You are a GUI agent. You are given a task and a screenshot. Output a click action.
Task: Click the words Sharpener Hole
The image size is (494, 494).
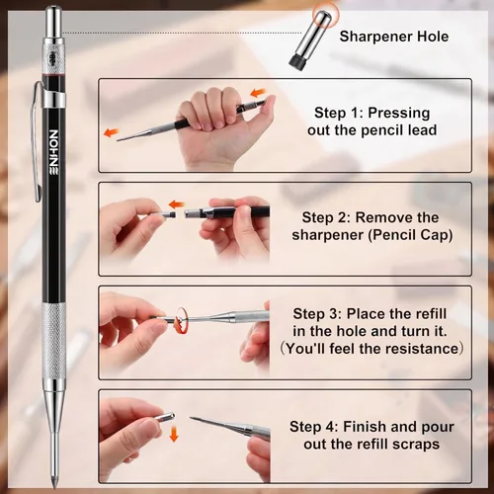pyautogui.click(x=394, y=37)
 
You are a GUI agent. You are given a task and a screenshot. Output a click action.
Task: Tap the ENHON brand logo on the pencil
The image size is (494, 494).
pyautogui.click(x=53, y=151)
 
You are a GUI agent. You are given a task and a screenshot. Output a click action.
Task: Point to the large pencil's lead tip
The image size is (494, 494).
pyautogui.click(x=53, y=485)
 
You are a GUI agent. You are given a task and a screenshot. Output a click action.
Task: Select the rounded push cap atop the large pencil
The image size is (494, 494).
pyautogui.click(x=53, y=22)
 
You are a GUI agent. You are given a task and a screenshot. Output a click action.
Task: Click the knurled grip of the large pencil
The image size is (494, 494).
pyautogui.click(x=53, y=341)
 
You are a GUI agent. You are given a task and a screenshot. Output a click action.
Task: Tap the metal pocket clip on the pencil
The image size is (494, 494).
pyautogui.click(x=38, y=141)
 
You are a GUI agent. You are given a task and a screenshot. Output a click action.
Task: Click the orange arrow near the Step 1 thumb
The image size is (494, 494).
pyautogui.click(x=258, y=93)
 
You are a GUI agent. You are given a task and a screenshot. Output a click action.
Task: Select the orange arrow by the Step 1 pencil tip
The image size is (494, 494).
pyautogui.click(x=111, y=132)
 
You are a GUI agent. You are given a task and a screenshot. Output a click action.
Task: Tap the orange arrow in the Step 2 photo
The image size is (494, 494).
pyautogui.click(x=177, y=205)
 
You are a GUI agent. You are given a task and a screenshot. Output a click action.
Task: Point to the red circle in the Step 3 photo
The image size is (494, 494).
pyautogui.click(x=181, y=320)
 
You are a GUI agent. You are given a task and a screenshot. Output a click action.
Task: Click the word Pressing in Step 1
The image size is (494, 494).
pyautogui.click(x=399, y=113)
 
